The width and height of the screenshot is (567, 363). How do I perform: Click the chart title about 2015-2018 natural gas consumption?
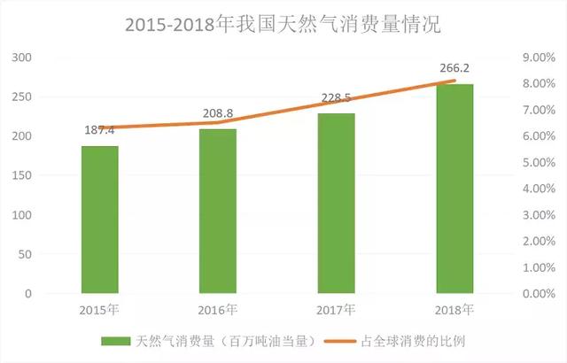(x=283, y=24)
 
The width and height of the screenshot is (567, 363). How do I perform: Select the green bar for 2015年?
(x=99, y=220)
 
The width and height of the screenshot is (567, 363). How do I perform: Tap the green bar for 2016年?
(x=218, y=211)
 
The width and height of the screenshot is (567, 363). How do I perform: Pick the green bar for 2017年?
(x=336, y=203)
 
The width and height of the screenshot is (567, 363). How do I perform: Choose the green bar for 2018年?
(x=454, y=189)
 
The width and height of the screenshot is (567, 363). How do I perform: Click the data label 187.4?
(x=99, y=131)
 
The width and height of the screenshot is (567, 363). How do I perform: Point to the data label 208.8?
(x=218, y=114)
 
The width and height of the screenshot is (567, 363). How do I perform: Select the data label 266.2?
(x=454, y=68)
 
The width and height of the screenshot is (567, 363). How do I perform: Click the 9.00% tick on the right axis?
(x=535, y=58)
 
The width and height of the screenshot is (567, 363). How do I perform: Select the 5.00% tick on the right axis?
(x=535, y=163)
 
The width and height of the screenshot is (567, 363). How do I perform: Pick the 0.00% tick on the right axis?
(x=535, y=294)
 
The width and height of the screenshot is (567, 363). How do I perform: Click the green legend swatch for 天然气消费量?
(x=116, y=341)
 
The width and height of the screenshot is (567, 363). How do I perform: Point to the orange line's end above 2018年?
(x=454, y=81)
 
